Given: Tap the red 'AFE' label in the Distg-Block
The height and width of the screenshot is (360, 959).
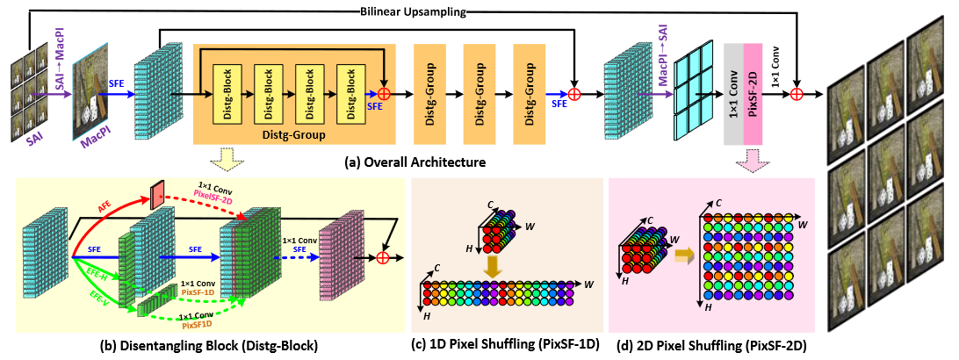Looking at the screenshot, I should pyautogui.click(x=103, y=208).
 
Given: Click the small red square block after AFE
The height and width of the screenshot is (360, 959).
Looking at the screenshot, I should pyautogui.click(x=156, y=195).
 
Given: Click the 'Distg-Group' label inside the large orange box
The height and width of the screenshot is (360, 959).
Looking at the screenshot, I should pyautogui.click(x=294, y=135).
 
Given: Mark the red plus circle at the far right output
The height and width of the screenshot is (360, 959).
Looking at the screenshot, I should pyautogui.click(x=797, y=92).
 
